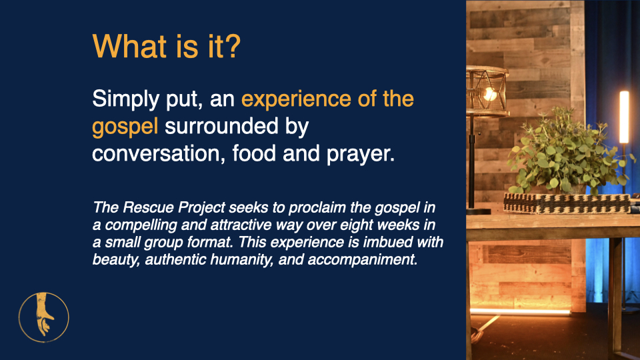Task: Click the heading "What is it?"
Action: click(167, 46)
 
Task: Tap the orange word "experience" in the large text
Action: click(296, 99)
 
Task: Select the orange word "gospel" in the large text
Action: click(125, 127)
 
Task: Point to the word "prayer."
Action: click(361, 154)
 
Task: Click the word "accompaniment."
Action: click(363, 259)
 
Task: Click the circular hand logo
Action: click(44, 317)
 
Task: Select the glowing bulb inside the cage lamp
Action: click(489, 94)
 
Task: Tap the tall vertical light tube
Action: click(624, 117)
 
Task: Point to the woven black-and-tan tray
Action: click(568, 203)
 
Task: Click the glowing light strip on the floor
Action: click(520, 312)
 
